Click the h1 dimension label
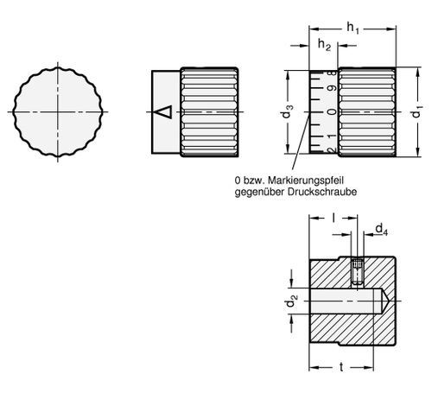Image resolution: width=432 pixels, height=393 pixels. pos(353,29)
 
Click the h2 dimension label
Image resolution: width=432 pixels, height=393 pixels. pos(324,45)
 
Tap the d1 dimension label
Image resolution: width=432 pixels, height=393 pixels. pos(417,111)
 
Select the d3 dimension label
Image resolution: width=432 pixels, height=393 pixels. pos(287,111)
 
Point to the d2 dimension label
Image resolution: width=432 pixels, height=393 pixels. pos(291,301)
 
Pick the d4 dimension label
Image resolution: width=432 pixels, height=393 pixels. pos(382,230)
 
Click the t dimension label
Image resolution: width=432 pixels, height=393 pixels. pos(341,367)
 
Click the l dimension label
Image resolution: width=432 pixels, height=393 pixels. pos(334,218)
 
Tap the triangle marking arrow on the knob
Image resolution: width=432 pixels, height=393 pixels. pos(163,111)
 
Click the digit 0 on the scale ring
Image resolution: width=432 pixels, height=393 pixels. pos(333,111)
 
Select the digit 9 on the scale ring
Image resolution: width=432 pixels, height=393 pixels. pos(333,88)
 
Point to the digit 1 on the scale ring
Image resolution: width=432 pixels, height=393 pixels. pos(333,136)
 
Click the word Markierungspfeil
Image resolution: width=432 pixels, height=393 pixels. pos(306,181)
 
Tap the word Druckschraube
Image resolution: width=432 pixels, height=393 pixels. pos(322,192)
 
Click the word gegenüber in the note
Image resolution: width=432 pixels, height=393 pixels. pos(259,193)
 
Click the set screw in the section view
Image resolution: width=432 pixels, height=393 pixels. pos(358,271)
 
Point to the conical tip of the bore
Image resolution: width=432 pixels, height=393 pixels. pos(384,301)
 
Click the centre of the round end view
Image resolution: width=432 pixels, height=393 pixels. pos(58,111)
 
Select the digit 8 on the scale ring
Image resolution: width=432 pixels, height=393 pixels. pos(333,73)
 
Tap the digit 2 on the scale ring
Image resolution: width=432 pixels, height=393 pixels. pos(333,150)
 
